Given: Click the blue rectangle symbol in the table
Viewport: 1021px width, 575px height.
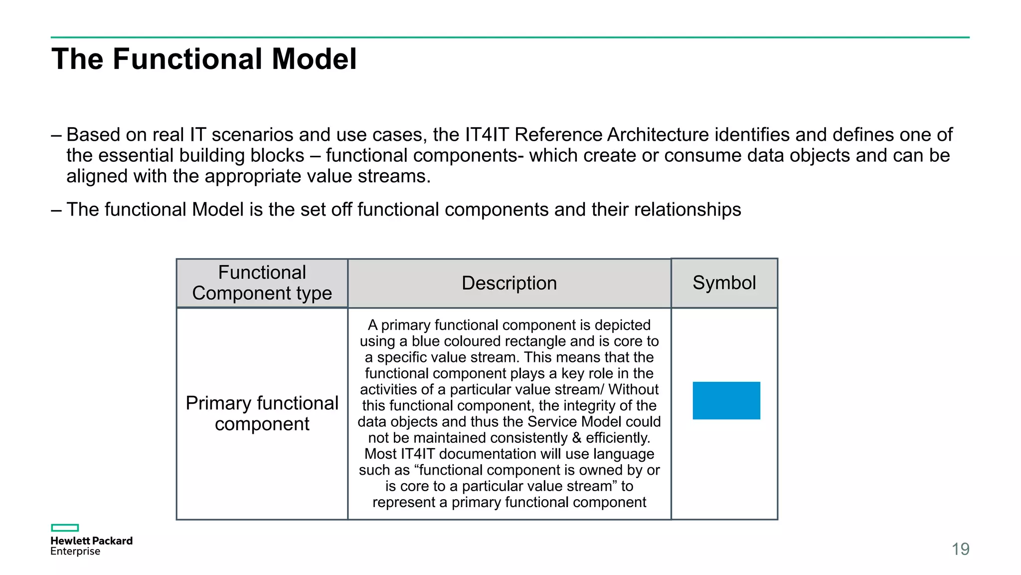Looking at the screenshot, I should pyautogui.click(x=726, y=400).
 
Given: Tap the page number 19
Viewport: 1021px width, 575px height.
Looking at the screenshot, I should pyautogui.click(x=960, y=549).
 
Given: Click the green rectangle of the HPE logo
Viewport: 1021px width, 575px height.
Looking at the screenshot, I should pyautogui.click(x=65, y=528).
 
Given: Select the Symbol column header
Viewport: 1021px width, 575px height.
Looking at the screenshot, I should pyautogui.click(x=724, y=283).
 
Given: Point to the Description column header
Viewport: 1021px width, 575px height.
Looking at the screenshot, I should pyautogui.click(x=509, y=283).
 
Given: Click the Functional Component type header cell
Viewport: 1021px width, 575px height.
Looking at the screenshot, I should pyautogui.click(x=262, y=283).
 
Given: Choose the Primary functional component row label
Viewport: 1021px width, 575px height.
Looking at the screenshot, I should pyautogui.click(x=262, y=413).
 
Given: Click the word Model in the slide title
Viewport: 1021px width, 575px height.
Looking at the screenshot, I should pyautogui.click(x=314, y=59).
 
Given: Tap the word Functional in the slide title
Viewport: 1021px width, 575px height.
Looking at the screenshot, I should pyautogui.click(x=188, y=59).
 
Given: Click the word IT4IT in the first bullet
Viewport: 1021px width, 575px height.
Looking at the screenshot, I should pyautogui.click(x=487, y=135).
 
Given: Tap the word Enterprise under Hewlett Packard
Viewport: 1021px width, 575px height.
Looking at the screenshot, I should pyautogui.click(x=75, y=552).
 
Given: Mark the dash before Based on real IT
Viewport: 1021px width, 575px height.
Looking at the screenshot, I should pyautogui.click(x=56, y=135).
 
